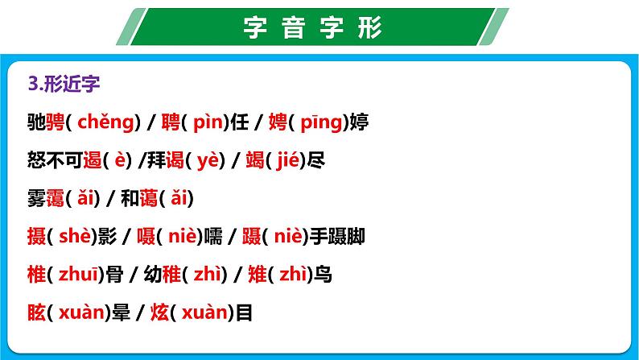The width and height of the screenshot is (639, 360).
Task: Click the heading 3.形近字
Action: click(63, 84)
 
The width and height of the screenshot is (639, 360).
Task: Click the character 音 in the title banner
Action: click(290, 27)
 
